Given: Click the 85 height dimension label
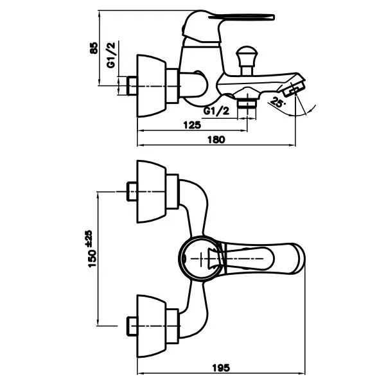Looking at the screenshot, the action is click(94, 48).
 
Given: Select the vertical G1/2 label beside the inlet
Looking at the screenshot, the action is click(111, 55).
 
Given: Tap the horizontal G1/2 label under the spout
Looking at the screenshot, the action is click(216, 111).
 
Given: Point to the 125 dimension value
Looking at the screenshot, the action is click(192, 125).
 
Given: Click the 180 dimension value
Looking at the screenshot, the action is click(216, 139).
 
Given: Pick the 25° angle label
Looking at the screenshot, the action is click(277, 102).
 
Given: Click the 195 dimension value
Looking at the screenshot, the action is click(221, 368).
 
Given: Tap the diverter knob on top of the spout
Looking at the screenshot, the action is click(247, 60).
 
